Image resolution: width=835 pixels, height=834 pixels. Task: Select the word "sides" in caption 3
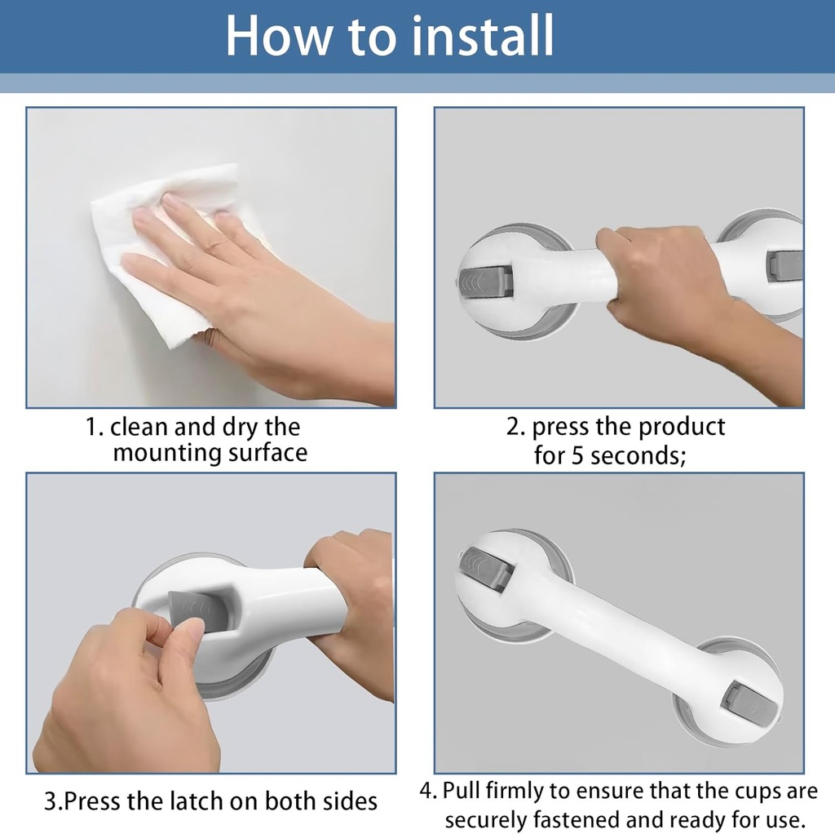pos(347,801)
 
